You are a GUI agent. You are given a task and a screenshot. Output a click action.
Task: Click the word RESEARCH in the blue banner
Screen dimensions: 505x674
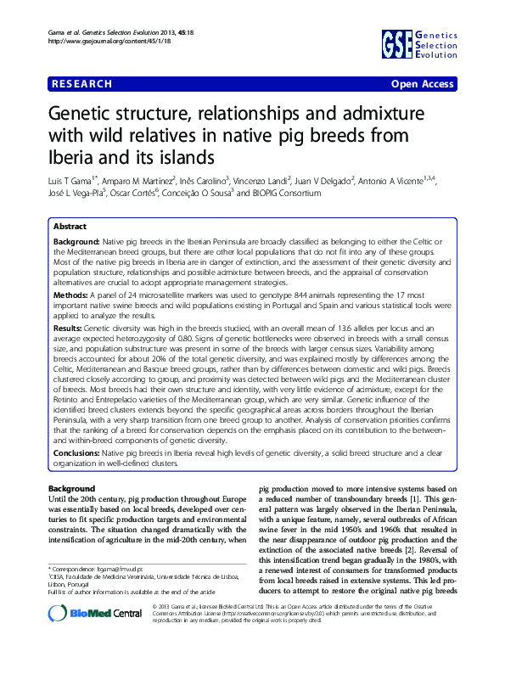[x=81, y=84]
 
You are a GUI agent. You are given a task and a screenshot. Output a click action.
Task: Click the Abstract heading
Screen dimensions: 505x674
[x=70, y=227]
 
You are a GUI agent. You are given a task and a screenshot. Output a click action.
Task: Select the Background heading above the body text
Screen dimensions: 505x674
[x=71, y=490]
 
